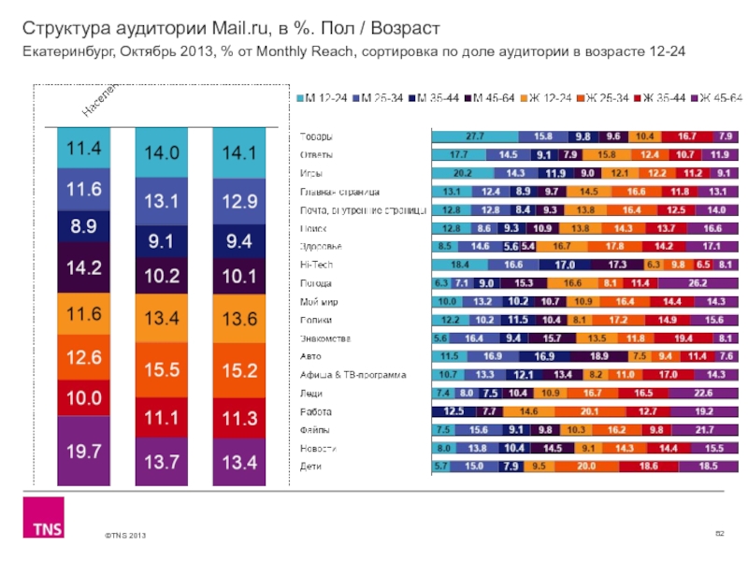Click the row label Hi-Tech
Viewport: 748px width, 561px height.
(314, 265)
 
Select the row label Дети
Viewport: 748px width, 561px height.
(309, 466)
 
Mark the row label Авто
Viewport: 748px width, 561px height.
(309, 356)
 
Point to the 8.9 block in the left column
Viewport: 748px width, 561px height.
(84, 226)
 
